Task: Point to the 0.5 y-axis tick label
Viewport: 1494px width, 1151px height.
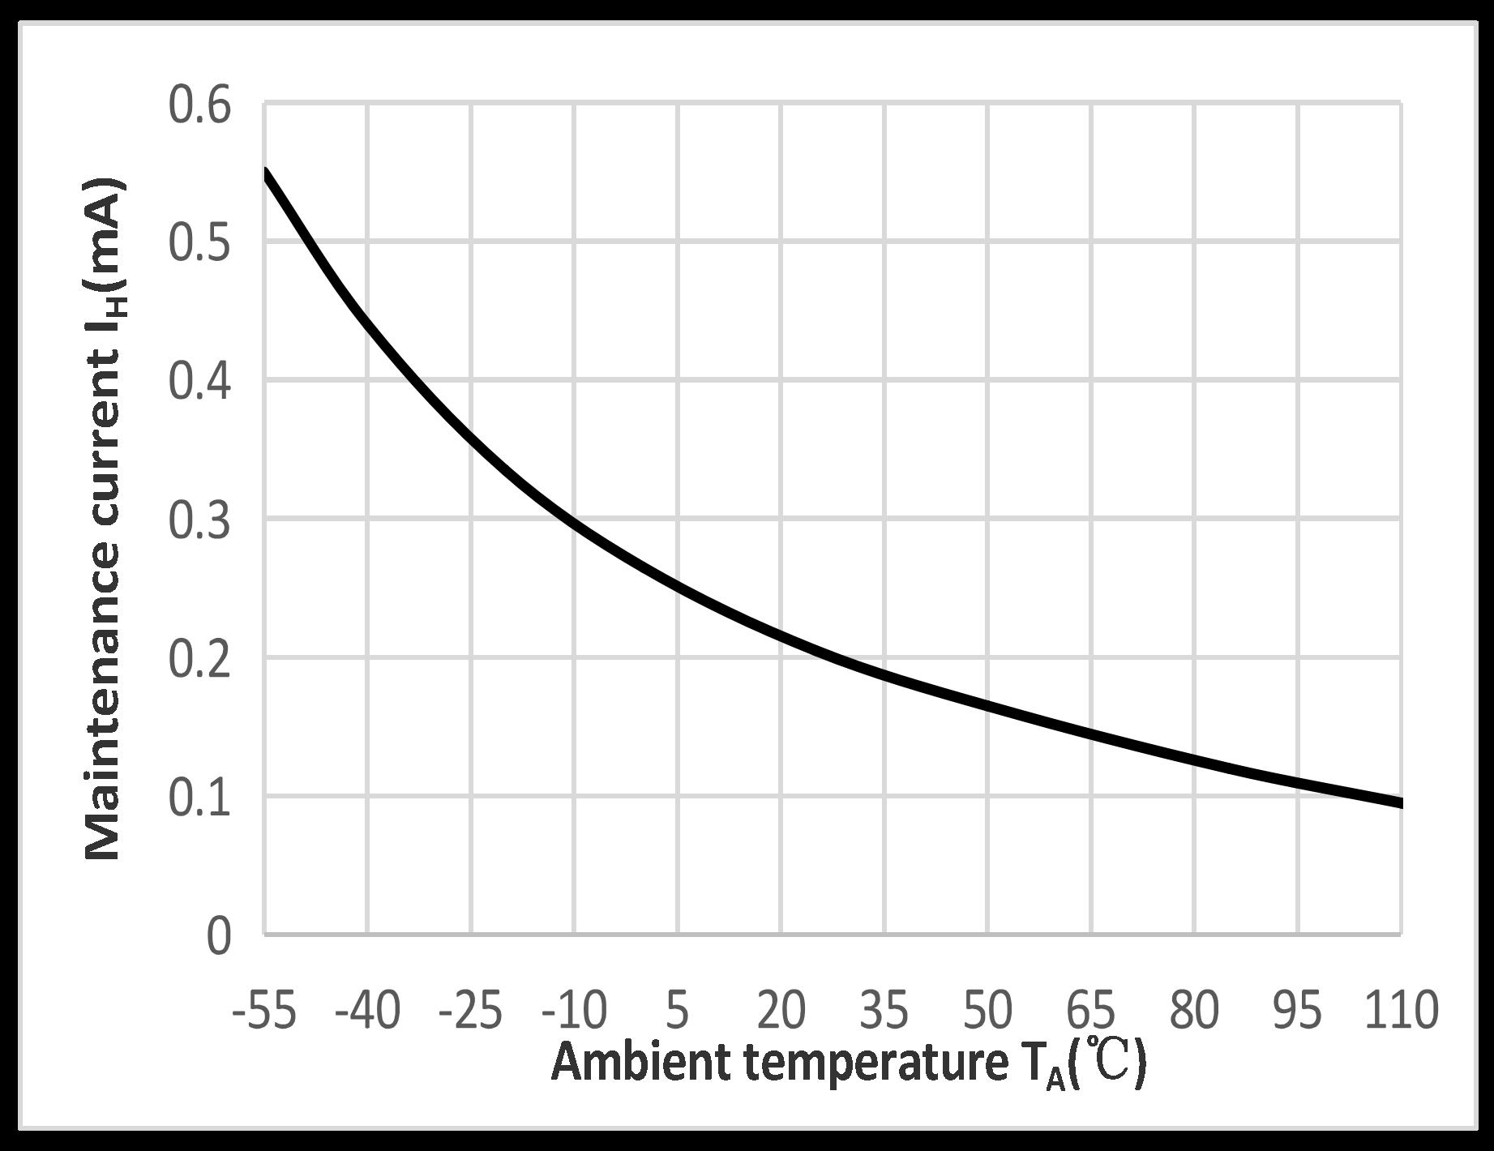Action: tap(199, 244)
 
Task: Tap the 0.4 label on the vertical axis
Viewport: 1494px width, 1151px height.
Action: tap(199, 383)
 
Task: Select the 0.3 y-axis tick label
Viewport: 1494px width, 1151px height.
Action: tap(199, 521)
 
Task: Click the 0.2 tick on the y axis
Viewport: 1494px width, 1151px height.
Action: tap(199, 660)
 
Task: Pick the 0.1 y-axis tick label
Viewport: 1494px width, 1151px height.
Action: tap(199, 798)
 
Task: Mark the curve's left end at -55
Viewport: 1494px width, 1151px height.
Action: tap(265, 171)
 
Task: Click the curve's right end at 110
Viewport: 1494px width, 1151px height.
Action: tap(1400, 803)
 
